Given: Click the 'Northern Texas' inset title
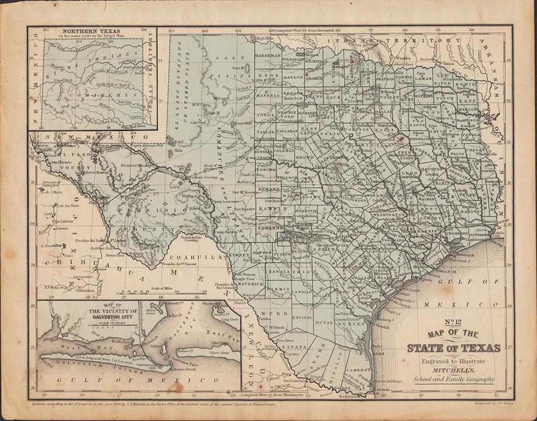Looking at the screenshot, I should click(x=92, y=31).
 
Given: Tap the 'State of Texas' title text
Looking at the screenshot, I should click(x=454, y=348).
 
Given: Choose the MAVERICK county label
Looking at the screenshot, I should click(x=251, y=283).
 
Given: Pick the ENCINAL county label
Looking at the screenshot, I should click(x=303, y=317).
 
